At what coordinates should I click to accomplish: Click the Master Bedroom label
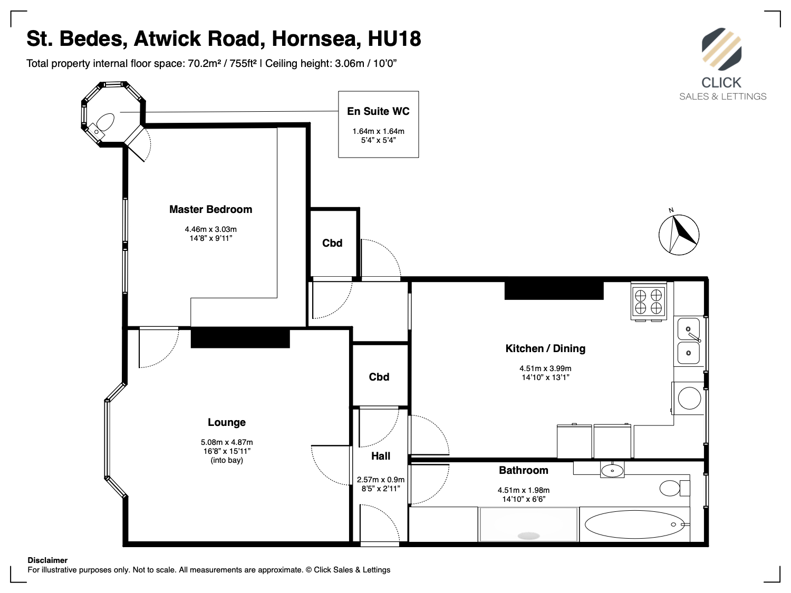(211, 209)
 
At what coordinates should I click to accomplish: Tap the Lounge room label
(227, 422)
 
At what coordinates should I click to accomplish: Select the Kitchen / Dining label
(545, 348)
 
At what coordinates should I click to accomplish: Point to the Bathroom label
(524, 470)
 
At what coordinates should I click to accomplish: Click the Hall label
(381, 456)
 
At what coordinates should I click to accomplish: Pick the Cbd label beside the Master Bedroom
(332, 243)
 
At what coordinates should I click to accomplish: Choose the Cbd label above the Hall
(379, 377)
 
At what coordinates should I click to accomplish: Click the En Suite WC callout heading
(379, 111)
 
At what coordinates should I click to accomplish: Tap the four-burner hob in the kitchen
(649, 302)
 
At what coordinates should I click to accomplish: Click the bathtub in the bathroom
(634, 524)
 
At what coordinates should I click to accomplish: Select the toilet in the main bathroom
(674, 488)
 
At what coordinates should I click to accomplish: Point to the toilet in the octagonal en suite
(105, 122)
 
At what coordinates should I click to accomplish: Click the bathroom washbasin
(612, 470)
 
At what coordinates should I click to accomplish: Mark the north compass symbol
(679, 234)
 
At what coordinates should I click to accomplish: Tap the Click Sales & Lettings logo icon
(721, 49)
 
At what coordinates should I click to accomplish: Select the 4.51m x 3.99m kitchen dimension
(545, 368)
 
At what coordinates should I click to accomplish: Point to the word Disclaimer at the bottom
(47, 560)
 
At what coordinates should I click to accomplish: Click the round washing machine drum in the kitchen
(689, 398)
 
